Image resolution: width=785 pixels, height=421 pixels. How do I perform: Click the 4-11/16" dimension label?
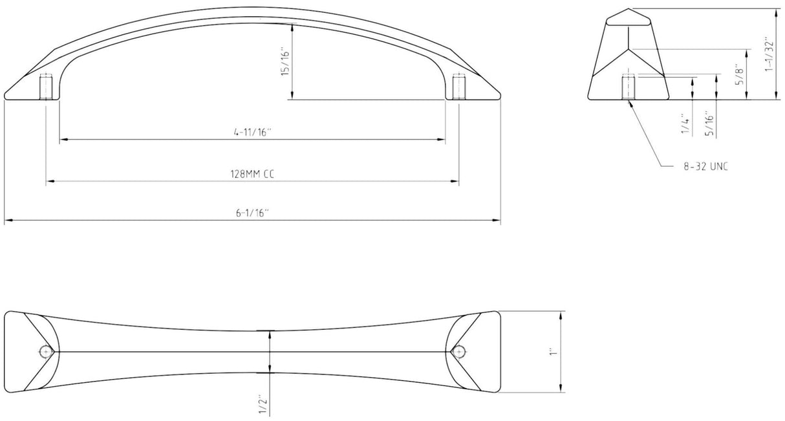click(253, 132)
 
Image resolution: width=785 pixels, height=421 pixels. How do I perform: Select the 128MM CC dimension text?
click(252, 174)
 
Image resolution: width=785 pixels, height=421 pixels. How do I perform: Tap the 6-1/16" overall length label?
click(253, 213)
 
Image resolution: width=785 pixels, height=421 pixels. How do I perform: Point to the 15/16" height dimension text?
click(286, 63)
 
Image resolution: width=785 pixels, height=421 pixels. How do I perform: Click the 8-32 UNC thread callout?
click(705, 166)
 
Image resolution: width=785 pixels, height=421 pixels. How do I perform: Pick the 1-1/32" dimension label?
click(769, 54)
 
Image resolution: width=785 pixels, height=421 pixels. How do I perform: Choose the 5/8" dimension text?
click(740, 74)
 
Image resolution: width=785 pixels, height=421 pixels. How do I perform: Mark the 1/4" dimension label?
click(685, 124)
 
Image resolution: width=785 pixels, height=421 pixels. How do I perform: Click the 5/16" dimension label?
click(709, 124)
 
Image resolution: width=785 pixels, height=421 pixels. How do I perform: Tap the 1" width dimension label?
click(553, 352)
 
